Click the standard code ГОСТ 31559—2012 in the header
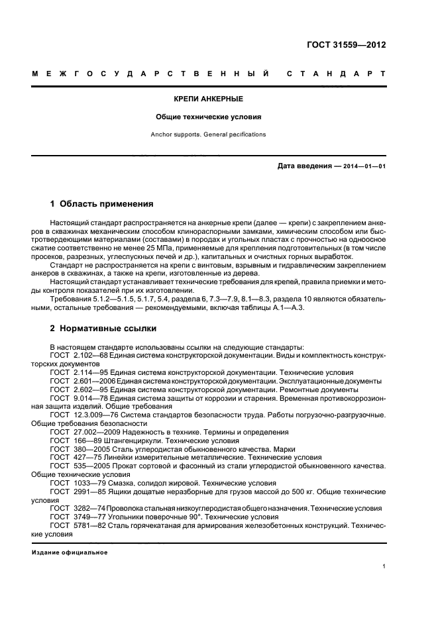(347, 46)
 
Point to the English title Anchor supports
(176, 134)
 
